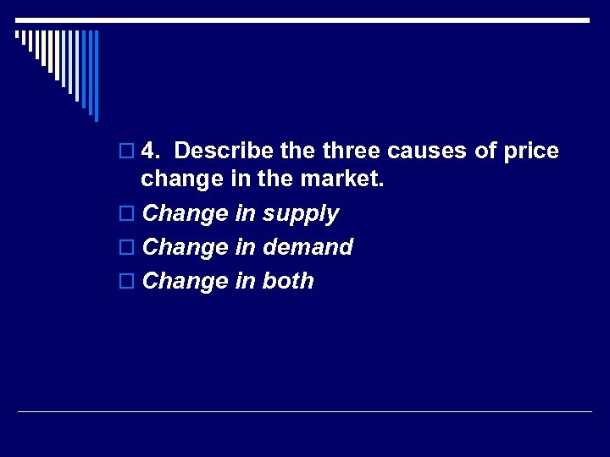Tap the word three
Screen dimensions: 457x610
click(x=350, y=151)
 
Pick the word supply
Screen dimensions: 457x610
click(x=300, y=214)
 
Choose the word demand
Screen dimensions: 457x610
click(x=308, y=247)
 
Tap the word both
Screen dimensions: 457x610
click(x=288, y=281)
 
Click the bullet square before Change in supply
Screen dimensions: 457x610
click(x=127, y=215)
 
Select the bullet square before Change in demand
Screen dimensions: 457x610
click(x=127, y=248)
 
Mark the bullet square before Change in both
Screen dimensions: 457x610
click(x=127, y=282)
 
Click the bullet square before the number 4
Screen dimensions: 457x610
click(x=127, y=152)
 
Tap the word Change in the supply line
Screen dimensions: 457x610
click(x=186, y=213)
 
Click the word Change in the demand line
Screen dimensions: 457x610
click(x=186, y=247)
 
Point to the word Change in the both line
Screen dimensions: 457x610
click(x=186, y=281)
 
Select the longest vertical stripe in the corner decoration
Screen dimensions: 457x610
click(x=96, y=75)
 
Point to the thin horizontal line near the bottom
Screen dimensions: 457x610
click(x=305, y=412)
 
